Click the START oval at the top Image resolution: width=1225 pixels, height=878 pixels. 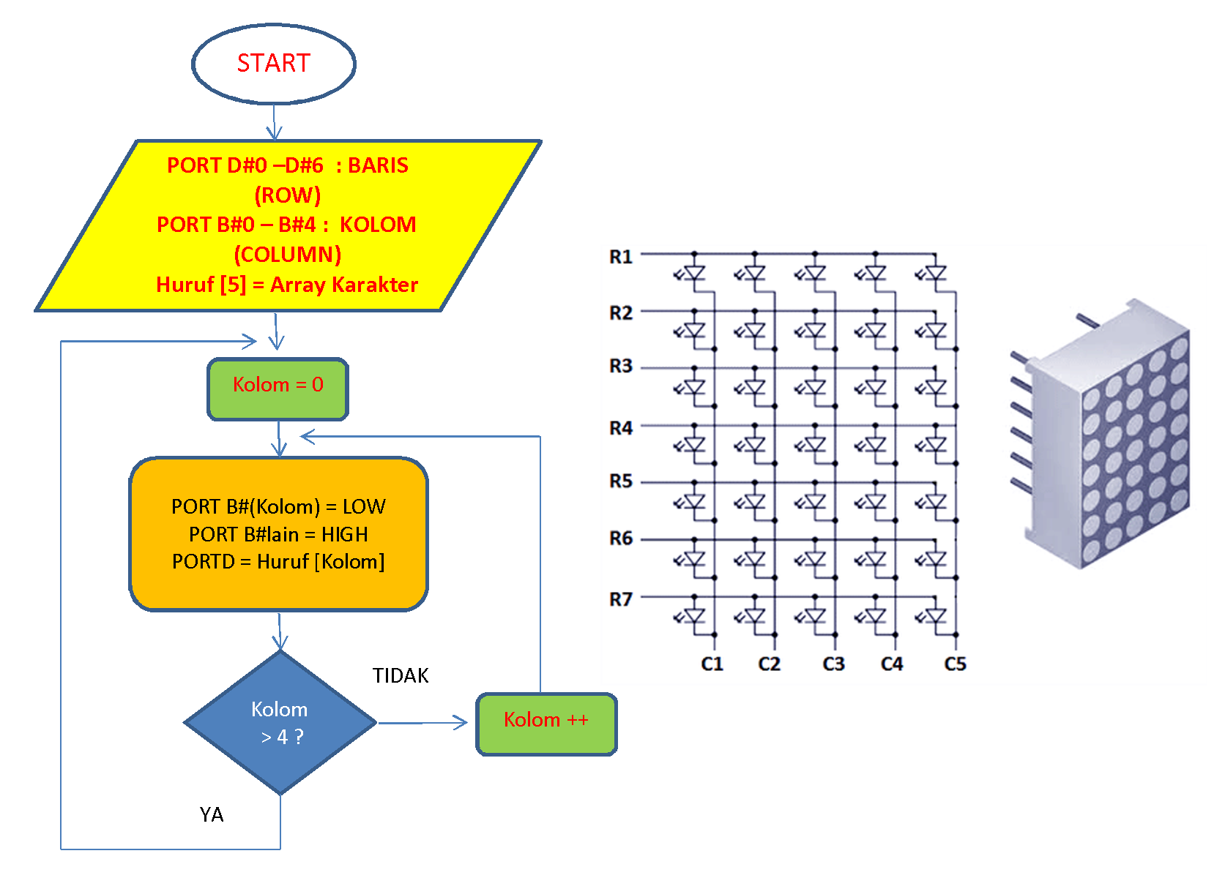(274, 64)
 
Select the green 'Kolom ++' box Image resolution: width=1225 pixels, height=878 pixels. (546, 724)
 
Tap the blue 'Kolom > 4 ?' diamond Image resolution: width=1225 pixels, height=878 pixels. (280, 723)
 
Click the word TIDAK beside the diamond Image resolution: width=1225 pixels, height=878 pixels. (400, 675)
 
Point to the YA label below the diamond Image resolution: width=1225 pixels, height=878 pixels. (212, 814)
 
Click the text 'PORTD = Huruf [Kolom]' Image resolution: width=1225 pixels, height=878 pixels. (278, 562)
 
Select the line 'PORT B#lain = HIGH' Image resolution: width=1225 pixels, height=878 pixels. (278, 534)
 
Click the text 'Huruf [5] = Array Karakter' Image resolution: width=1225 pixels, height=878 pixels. (287, 285)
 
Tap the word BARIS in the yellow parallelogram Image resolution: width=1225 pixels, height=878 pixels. (378, 165)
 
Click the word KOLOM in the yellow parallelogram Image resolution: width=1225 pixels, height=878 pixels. (378, 225)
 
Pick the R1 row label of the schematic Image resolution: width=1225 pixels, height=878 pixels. (620, 257)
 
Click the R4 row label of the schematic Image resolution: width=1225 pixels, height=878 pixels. (620, 428)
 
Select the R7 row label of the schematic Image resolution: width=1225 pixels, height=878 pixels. (620, 599)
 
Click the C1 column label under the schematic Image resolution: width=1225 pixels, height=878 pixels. (712, 664)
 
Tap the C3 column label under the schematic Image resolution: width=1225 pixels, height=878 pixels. (833, 664)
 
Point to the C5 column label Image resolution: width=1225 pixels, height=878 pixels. (955, 664)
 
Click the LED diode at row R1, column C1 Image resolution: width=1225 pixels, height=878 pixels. (694, 274)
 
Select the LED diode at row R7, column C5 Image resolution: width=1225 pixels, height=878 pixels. (936, 616)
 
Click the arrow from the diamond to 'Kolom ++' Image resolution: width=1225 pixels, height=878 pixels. (422, 723)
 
